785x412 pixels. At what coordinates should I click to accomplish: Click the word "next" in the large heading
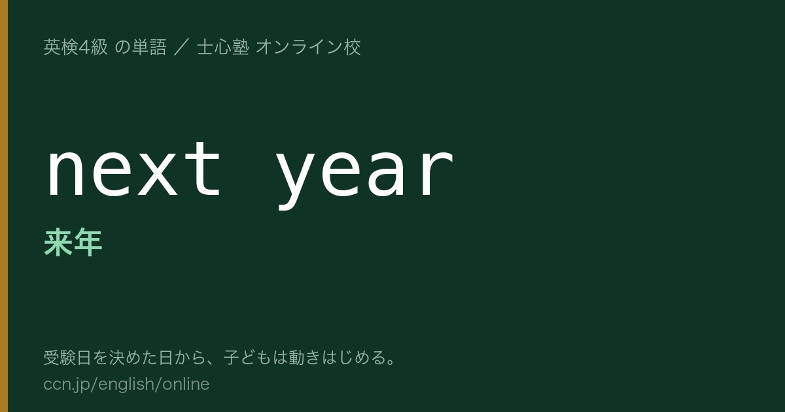tap(133, 169)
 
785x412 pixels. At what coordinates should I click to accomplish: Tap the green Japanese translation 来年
tap(73, 242)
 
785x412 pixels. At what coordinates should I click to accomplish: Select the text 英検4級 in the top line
tap(75, 47)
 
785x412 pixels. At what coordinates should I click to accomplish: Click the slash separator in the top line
tap(182, 47)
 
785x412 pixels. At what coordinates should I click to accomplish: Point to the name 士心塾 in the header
tap(223, 47)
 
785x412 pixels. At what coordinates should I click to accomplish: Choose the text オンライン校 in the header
tap(308, 47)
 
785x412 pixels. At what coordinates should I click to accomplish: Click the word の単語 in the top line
tap(140, 47)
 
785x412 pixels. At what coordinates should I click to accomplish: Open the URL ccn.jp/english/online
tap(126, 385)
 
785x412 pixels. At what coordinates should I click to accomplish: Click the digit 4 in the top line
tap(84, 47)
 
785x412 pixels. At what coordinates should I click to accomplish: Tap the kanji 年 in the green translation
tap(88, 242)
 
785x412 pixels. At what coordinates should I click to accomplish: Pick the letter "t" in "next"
tap(203, 169)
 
